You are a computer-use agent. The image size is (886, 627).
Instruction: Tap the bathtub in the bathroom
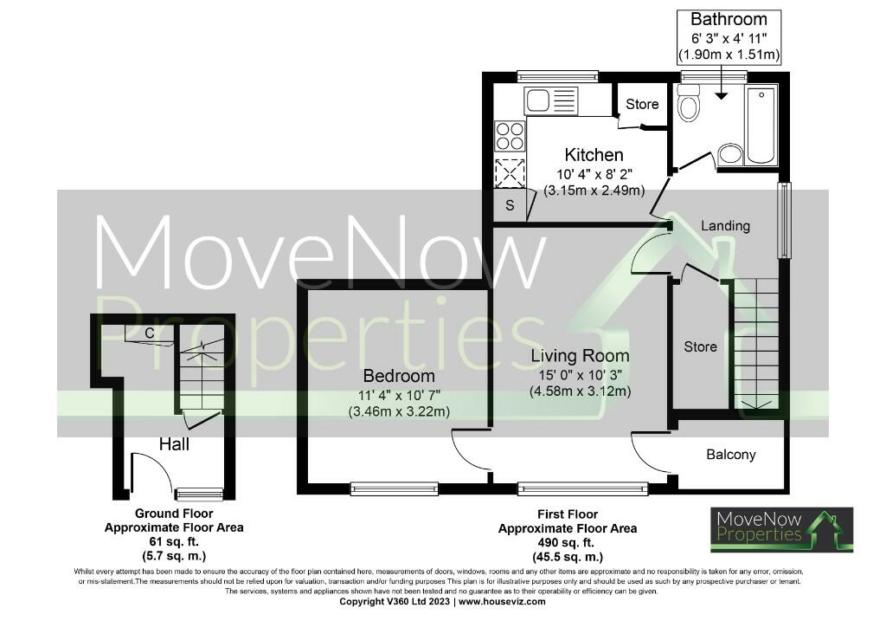pos(761,124)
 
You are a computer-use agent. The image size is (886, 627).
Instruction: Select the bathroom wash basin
pos(730,154)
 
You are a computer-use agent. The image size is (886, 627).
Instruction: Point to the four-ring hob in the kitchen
pos(509,136)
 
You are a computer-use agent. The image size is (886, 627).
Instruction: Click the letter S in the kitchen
pos(510,206)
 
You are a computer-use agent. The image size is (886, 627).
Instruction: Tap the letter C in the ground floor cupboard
pos(150,332)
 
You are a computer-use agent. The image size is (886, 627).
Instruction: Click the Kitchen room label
pos(594,155)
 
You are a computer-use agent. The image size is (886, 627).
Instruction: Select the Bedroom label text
pos(398,377)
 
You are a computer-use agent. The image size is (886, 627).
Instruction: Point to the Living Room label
pos(580,355)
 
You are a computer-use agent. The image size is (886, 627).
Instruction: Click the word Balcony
pos(731,454)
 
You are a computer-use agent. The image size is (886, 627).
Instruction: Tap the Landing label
pos(725,226)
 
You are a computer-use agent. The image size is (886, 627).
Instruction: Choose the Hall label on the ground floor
pos(174,444)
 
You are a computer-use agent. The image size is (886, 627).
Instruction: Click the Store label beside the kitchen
pos(642,105)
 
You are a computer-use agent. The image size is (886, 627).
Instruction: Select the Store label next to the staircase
pos(700,346)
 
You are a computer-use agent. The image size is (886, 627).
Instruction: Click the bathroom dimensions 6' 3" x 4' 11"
pos(729,40)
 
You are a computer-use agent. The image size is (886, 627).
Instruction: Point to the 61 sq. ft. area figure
pos(174,541)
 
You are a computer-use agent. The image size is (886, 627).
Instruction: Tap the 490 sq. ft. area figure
pos(568,543)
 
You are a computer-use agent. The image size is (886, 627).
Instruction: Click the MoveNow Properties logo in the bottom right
pos(782,529)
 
